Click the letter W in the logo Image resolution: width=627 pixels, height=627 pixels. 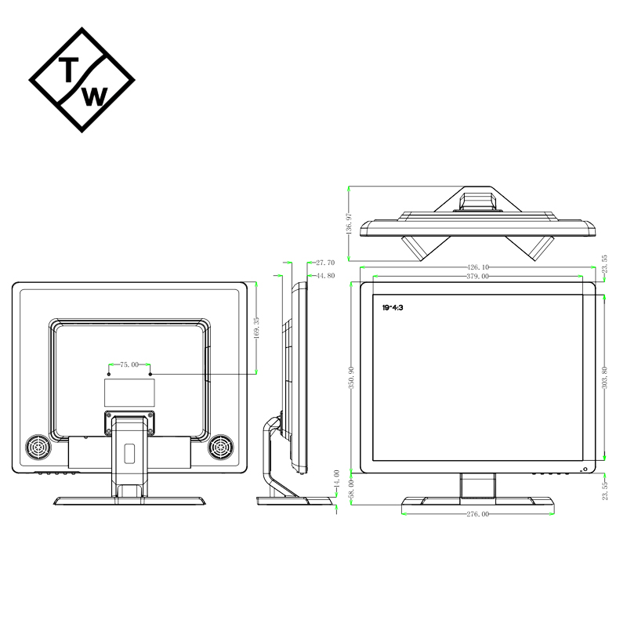point(94,96)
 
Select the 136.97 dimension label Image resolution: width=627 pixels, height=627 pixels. point(349,224)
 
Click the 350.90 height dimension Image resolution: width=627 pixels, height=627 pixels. point(351,377)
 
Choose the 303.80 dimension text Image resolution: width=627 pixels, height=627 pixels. point(604,377)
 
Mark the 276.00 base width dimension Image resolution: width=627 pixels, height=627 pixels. point(477,514)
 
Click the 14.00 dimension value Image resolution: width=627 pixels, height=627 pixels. point(337,479)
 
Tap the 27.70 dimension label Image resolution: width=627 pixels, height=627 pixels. point(325,263)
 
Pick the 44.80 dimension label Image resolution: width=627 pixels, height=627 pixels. point(325,276)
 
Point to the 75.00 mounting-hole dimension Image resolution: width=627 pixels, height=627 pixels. point(129,364)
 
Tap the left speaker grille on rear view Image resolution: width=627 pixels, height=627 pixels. point(37,448)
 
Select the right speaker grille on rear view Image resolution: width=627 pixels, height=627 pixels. point(221,448)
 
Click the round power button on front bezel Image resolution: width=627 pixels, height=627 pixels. point(584,469)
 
